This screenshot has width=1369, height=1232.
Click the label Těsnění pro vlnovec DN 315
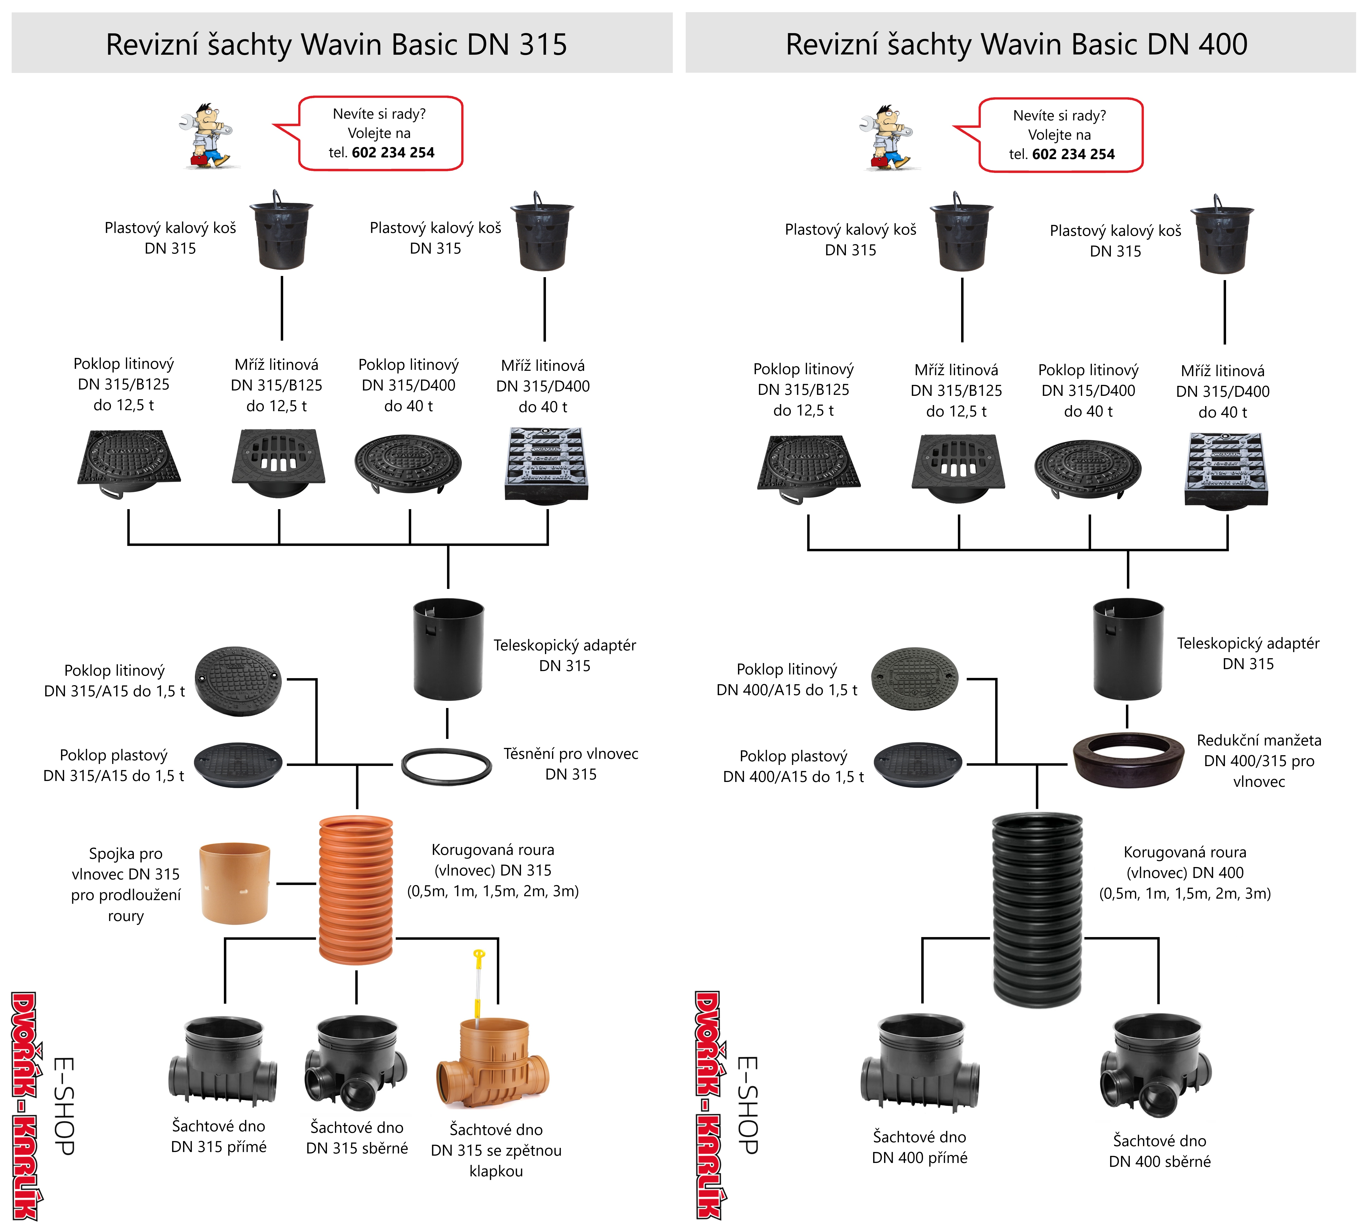(x=570, y=763)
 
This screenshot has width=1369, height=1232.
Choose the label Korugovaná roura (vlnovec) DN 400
(x=1184, y=873)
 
